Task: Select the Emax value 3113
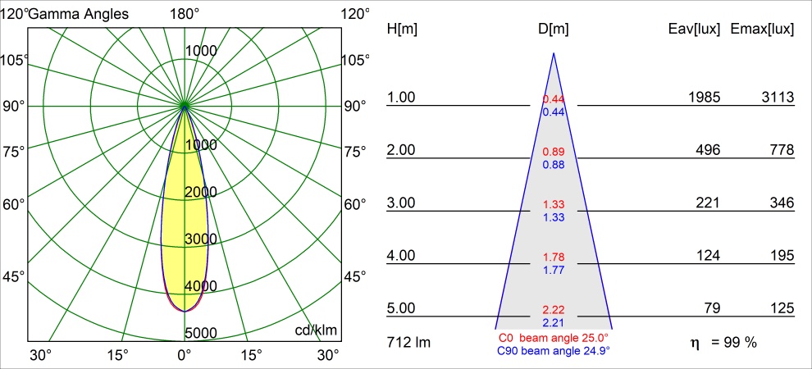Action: click(x=778, y=98)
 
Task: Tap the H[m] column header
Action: click(x=402, y=29)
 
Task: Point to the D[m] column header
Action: click(x=554, y=29)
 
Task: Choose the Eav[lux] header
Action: click(x=695, y=29)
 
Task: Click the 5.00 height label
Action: click(x=402, y=308)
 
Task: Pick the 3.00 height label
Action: click(x=402, y=203)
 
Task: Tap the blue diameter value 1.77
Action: click(x=554, y=270)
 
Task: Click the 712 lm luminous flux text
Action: click(x=408, y=342)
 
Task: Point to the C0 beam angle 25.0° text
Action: click(x=554, y=338)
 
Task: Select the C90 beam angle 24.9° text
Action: click(x=554, y=351)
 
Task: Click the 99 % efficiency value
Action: click(x=739, y=342)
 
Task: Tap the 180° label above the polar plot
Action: click(x=185, y=13)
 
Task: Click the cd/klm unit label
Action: click(x=317, y=330)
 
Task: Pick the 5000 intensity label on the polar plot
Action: click(x=201, y=333)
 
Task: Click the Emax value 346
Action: click(x=781, y=203)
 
